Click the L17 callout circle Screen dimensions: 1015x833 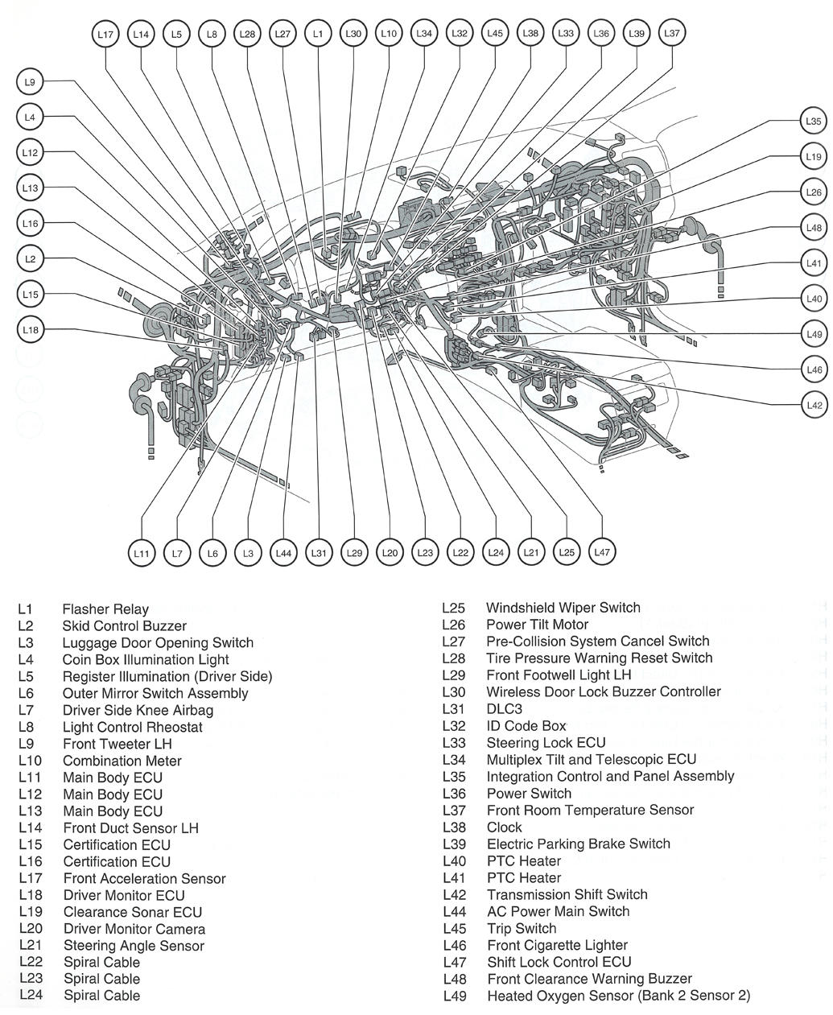tap(105, 35)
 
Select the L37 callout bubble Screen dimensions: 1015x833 tap(671, 34)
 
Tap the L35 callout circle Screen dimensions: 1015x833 tap(814, 122)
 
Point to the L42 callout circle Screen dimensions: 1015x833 tap(814, 405)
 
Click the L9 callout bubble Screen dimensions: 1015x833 tap(30, 82)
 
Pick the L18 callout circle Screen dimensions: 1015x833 tap(30, 330)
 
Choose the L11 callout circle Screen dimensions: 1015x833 tap(141, 553)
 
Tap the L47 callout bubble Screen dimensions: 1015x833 tap(602, 552)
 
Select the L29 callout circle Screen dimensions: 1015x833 tap(354, 553)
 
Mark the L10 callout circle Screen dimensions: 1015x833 tap(388, 34)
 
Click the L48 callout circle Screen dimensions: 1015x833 tap(814, 228)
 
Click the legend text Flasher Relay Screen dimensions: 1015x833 tap(105, 609)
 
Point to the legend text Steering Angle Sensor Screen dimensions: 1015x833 tap(134, 946)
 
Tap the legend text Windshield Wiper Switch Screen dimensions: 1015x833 tap(563, 608)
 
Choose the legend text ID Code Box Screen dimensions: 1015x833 tap(526, 726)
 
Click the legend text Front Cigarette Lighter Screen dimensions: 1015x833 tap(557, 945)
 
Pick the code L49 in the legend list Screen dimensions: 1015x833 tap(455, 996)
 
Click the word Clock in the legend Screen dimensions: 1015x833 tap(505, 827)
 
